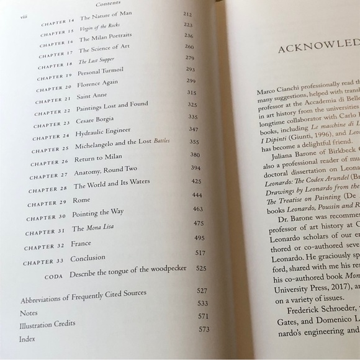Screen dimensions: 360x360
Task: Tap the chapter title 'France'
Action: [x=82, y=242]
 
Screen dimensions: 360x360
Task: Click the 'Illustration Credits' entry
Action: [x=47, y=324]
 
